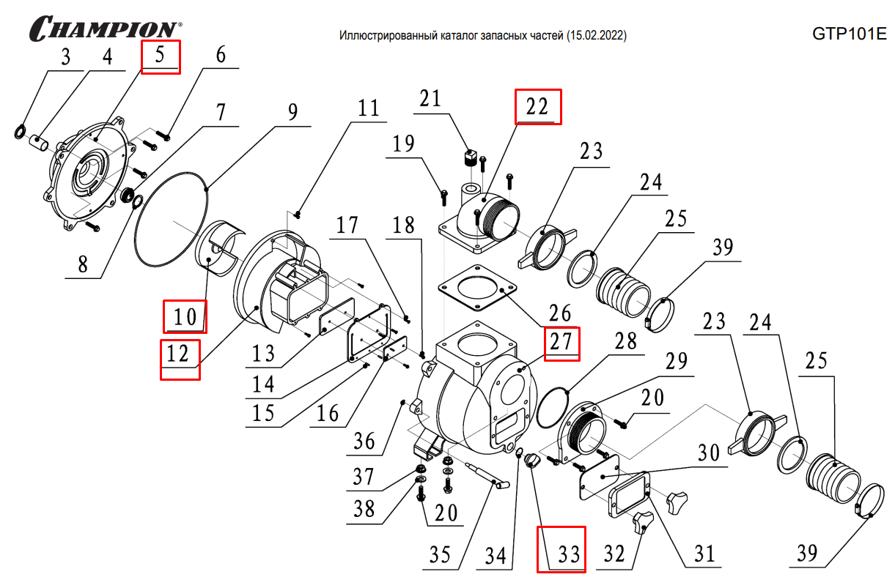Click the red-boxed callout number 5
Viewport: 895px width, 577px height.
click(161, 57)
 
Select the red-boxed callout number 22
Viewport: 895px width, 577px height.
click(538, 107)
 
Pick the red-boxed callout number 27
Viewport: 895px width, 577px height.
click(561, 343)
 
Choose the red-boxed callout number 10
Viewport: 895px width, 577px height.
click(185, 316)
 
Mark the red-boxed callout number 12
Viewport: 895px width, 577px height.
click(180, 355)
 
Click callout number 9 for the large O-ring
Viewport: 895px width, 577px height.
click(292, 111)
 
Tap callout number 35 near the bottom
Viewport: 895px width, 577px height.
click(440, 554)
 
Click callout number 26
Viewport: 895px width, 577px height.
click(560, 313)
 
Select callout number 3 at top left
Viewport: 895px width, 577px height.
click(65, 58)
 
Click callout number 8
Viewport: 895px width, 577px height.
click(83, 264)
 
